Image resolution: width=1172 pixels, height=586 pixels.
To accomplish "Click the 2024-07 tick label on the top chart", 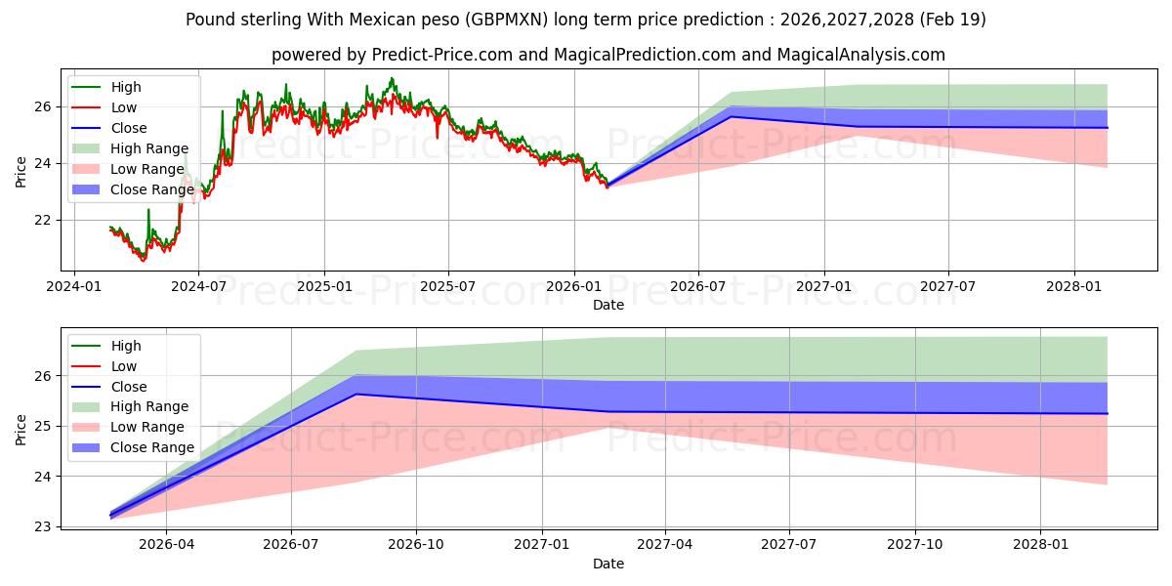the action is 199,287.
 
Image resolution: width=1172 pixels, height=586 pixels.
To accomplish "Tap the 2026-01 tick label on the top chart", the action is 574,287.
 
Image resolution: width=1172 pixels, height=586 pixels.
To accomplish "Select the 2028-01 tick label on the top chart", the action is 1074,287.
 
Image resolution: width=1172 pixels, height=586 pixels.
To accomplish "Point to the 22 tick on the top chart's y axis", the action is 43,221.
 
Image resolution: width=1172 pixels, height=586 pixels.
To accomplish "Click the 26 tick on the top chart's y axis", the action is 43,107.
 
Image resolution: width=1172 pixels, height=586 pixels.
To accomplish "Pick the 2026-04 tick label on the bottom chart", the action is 166,545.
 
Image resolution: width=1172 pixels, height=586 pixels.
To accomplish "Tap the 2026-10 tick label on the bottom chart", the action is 416,545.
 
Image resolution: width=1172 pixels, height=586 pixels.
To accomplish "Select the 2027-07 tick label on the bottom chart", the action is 789,545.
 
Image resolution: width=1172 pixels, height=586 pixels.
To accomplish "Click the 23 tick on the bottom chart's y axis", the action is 43,526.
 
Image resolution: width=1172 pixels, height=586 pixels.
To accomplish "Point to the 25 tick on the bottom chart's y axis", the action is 43,427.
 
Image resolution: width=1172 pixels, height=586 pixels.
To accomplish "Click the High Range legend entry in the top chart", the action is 130,148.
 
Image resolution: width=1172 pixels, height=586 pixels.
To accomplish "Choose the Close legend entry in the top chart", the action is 108,128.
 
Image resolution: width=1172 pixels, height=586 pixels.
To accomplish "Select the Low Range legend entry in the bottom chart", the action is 128,427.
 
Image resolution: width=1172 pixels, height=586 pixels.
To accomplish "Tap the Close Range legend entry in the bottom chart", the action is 133,447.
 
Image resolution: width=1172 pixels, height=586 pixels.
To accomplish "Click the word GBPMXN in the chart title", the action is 507,20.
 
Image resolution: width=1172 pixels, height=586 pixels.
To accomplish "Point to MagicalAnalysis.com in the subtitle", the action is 861,55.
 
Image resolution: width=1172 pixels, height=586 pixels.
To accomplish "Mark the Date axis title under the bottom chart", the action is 608,564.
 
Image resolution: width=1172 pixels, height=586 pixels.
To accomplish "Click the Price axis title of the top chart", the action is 21,172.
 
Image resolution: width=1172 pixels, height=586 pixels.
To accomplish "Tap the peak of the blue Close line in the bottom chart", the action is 356,394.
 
